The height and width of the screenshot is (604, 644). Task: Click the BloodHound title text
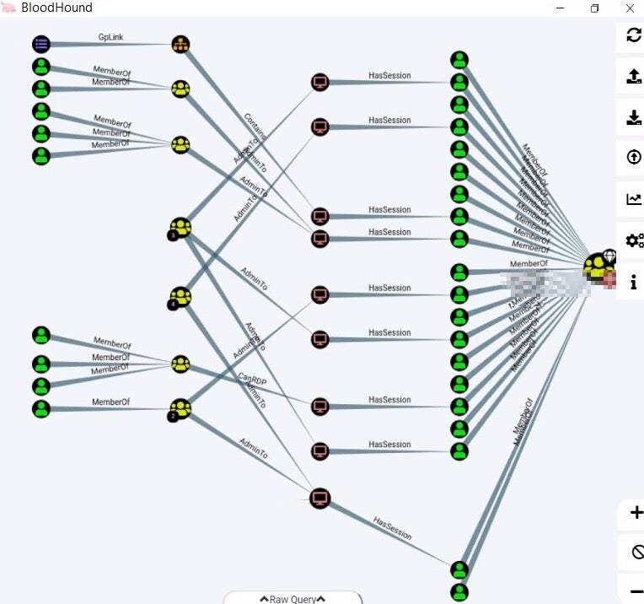click(x=56, y=8)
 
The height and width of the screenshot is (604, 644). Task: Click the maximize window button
click(x=595, y=8)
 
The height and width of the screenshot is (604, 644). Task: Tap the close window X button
click(x=630, y=8)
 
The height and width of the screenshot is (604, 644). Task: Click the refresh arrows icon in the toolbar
click(x=634, y=35)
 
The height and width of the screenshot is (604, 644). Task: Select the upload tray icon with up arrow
click(x=634, y=77)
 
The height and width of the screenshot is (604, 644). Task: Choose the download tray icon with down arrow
click(x=634, y=117)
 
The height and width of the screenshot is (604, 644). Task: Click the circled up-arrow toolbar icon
click(x=634, y=158)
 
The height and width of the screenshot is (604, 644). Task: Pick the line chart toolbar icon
click(x=634, y=199)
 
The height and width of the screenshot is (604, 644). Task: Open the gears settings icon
click(x=634, y=240)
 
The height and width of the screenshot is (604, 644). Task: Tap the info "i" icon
click(x=634, y=282)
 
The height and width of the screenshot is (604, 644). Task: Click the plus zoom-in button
click(x=636, y=513)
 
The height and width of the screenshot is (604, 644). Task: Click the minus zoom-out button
click(x=636, y=588)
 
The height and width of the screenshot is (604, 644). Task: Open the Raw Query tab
click(x=292, y=599)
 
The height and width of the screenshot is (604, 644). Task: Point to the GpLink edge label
click(x=110, y=38)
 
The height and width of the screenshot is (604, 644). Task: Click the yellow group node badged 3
click(x=180, y=227)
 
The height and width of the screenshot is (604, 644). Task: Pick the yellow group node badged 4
click(x=180, y=297)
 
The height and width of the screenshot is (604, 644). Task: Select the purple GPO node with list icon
click(x=41, y=44)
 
